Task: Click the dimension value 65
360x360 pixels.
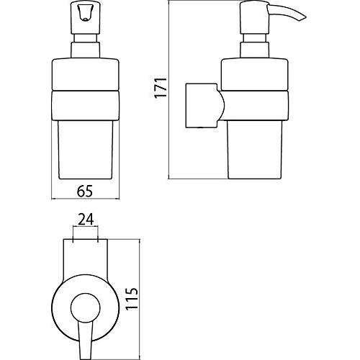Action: pos(85,192)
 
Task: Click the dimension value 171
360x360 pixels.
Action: pos(161,87)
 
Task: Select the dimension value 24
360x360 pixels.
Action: pos(86,220)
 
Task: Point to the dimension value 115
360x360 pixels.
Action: pos(132,299)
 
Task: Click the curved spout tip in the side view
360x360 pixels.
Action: pos(303,18)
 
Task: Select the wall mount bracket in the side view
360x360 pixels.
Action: pos(204,105)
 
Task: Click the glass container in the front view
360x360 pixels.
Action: pos(86,149)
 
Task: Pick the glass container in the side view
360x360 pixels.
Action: pos(255,149)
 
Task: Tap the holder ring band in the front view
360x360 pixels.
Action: pos(86,105)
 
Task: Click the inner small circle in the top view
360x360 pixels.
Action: pos(85,307)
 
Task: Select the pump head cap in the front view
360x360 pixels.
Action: pos(85,17)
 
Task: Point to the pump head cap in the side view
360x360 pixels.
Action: pos(254,17)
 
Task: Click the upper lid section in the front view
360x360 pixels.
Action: pos(86,74)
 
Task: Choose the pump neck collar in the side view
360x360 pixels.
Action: pos(254,50)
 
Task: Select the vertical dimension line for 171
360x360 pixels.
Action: pos(169,90)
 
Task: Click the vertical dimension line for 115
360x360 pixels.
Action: pos(140,300)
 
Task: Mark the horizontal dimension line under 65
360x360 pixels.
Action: pos(86,199)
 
